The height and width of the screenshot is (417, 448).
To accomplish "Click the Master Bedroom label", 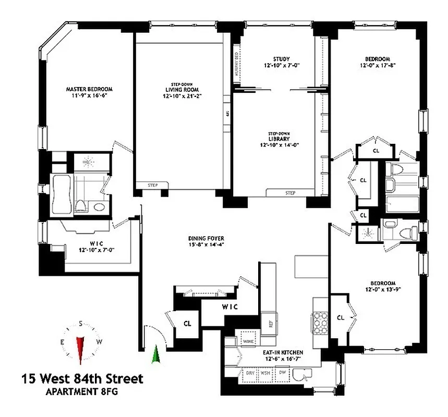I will (89, 92).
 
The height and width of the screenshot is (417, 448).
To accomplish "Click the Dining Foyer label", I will (210, 242).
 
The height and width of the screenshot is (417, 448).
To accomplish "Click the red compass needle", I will (80, 348).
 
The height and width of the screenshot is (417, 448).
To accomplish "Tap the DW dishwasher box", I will (282, 373).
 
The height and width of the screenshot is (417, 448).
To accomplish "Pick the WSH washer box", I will (266, 373).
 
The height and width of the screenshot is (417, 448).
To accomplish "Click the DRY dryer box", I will (250, 373).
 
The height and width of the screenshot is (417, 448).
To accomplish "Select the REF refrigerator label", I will (271, 323).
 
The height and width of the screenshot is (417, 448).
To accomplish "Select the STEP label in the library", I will (290, 193).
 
